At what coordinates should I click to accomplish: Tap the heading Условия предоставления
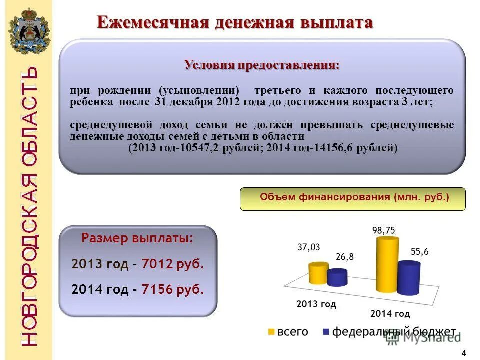pos(262,65)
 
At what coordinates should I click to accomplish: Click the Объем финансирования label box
pos(352,198)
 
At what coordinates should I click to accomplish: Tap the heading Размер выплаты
pos(137,238)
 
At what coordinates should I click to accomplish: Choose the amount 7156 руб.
pos(173,289)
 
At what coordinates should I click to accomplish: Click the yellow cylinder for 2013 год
pos(318,273)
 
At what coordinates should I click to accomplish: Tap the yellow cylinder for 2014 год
pos(387,265)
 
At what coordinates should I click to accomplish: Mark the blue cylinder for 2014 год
pos(409,277)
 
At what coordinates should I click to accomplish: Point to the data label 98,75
pos(383,230)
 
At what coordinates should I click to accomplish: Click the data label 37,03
pos(309,247)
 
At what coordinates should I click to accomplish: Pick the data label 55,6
pos(419,252)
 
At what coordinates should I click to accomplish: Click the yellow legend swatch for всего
pos(271,332)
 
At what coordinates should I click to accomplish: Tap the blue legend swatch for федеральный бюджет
pos(327,332)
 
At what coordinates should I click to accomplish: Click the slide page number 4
pos(464,353)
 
